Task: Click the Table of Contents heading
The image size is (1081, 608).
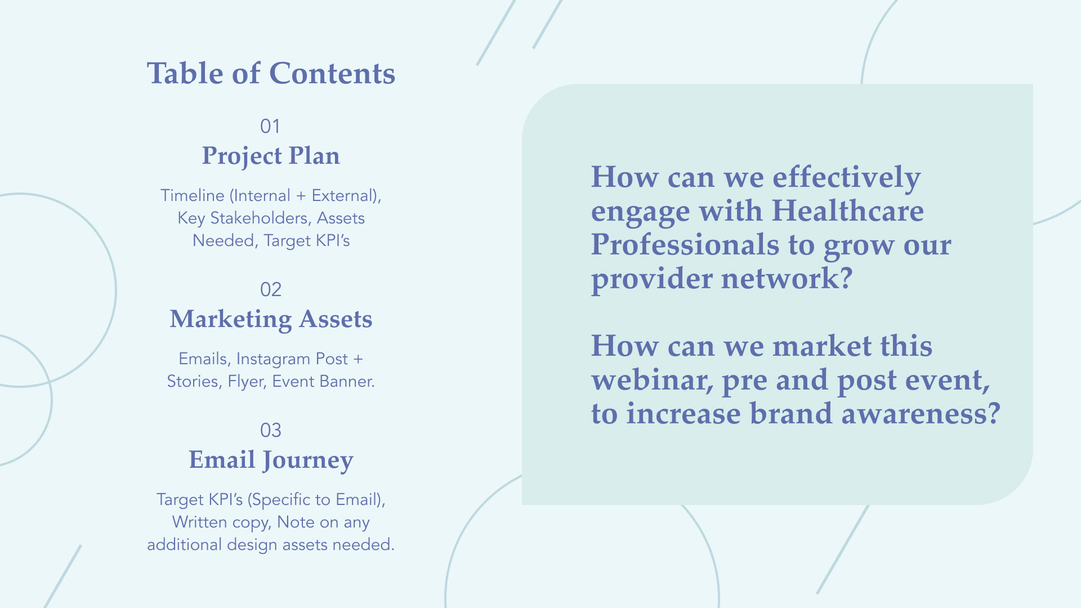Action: tap(271, 74)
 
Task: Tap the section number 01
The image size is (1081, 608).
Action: tap(270, 126)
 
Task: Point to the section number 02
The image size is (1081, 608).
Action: tap(270, 289)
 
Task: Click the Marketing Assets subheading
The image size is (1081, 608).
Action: tap(271, 320)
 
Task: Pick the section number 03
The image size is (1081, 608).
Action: tap(270, 430)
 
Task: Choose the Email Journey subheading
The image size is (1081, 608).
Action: tap(271, 461)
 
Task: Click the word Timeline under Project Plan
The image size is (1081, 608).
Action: tap(193, 195)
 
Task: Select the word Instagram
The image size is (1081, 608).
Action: tap(273, 359)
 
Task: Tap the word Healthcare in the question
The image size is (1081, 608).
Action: tap(847, 211)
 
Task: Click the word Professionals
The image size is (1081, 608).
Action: tap(685, 245)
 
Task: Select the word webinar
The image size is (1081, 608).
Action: tap(653, 380)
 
